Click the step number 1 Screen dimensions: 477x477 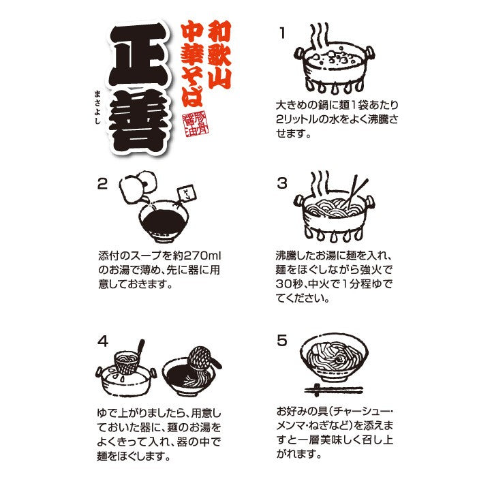click(x=283, y=33)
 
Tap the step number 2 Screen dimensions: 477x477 click(x=102, y=184)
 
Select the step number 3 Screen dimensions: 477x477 click(x=282, y=183)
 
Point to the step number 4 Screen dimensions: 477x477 click(x=103, y=341)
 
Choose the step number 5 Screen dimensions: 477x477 click(x=282, y=340)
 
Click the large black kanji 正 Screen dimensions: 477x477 click(x=138, y=54)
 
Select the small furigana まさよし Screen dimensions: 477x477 click(x=97, y=106)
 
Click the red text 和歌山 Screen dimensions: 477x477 click(x=219, y=54)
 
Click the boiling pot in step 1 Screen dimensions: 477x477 click(x=334, y=66)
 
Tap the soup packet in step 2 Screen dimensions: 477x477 click(x=187, y=194)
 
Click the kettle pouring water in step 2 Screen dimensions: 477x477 click(x=138, y=188)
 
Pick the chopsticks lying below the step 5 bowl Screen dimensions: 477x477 click(x=333, y=390)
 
